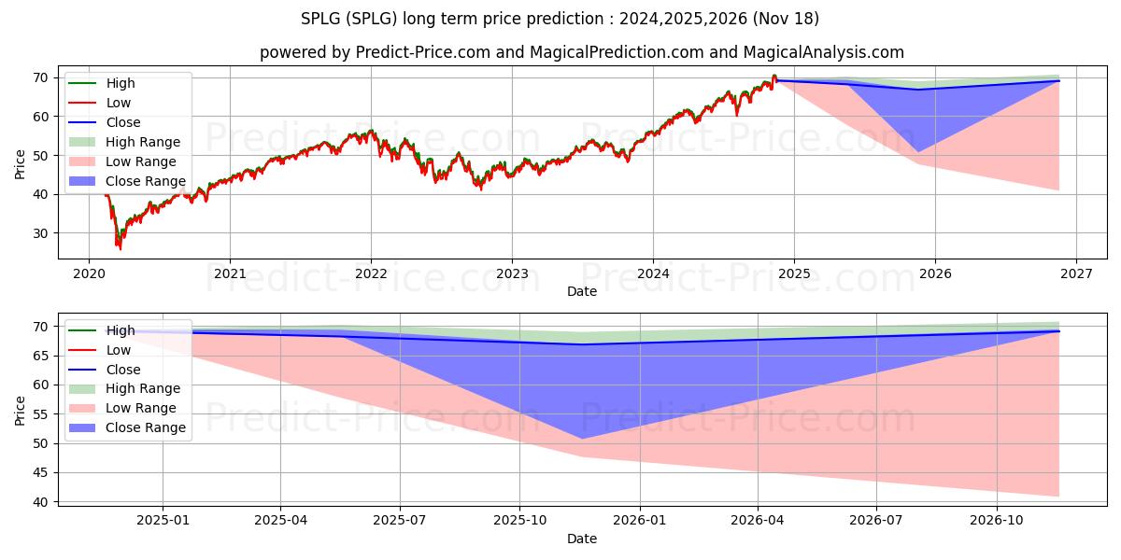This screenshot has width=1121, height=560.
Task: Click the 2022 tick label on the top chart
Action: coord(371,273)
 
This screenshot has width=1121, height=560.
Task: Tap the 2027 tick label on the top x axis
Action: coord(1076,273)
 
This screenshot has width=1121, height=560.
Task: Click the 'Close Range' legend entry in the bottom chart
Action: coord(145,427)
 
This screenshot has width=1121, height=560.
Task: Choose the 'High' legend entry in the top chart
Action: coord(121,83)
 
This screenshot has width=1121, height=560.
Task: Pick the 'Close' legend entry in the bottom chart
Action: coord(123,370)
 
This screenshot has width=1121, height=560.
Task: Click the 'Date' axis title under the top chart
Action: coord(581,291)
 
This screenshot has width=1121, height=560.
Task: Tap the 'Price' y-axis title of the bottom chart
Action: coord(21,409)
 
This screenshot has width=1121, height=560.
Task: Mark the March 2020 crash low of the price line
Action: coord(119,248)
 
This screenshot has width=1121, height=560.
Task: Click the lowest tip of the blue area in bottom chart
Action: coord(580,439)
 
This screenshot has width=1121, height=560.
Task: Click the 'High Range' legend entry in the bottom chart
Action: coord(143,388)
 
